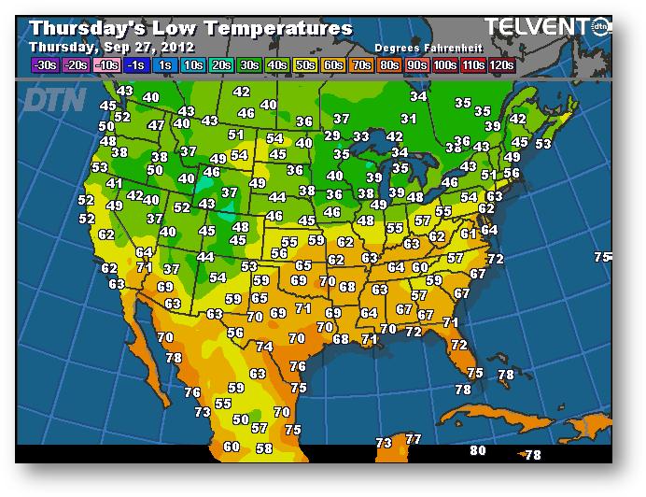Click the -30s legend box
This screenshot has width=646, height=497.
tap(45, 65)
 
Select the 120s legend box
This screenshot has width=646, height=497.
tap(502, 65)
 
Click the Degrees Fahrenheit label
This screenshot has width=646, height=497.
tap(421, 47)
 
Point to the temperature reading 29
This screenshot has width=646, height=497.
tap(332, 136)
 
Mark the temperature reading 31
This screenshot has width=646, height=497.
tap(408, 119)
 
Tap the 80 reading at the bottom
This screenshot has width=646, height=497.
tap(478, 451)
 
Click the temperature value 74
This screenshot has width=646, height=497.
tap(265, 347)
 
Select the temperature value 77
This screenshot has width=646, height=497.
tap(413, 439)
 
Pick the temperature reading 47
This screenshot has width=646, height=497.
tap(156, 125)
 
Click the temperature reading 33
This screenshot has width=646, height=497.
tap(361, 136)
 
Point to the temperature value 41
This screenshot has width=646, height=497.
tap(114, 184)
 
